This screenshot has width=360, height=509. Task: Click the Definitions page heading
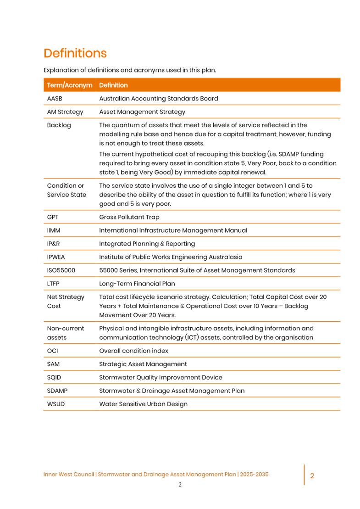pyautogui.click(x=75, y=53)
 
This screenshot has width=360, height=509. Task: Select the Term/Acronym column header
pyautogui.click(x=69, y=85)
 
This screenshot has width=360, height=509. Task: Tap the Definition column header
pyautogui.click(x=113, y=85)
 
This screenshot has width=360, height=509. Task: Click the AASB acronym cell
pyautogui.click(x=55, y=99)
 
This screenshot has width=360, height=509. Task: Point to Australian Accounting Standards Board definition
pyautogui.click(x=159, y=99)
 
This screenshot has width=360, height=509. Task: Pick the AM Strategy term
pyautogui.click(x=65, y=112)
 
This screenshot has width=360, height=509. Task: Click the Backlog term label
pyautogui.click(x=59, y=125)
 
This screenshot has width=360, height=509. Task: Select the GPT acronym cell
pyautogui.click(x=52, y=217)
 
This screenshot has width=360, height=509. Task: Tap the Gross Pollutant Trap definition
pyautogui.click(x=129, y=217)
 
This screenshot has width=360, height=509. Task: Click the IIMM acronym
pyautogui.click(x=54, y=230)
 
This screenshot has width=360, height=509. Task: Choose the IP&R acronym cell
pyautogui.click(x=53, y=244)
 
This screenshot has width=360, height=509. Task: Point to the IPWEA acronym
pyautogui.click(x=56, y=257)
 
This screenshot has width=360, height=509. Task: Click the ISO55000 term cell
pyautogui.click(x=61, y=270)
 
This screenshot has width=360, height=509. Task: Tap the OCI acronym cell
pyautogui.click(x=52, y=351)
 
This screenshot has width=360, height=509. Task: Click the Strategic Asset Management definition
pyautogui.click(x=143, y=364)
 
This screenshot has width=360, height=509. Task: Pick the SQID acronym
pyautogui.click(x=54, y=377)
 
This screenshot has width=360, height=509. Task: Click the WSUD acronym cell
pyautogui.click(x=56, y=404)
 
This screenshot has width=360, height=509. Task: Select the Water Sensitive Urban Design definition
pyautogui.click(x=144, y=404)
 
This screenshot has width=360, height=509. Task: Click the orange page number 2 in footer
pyautogui.click(x=312, y=476)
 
